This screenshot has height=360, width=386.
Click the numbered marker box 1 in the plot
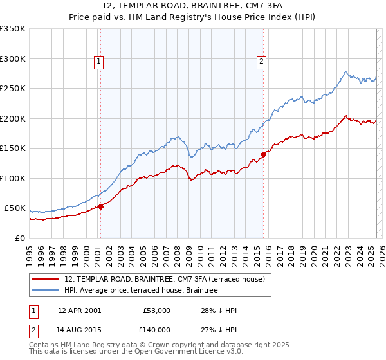coord(99,62)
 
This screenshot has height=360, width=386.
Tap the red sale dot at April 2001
coord(101,206)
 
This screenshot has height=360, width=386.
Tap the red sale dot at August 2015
coord(264,154)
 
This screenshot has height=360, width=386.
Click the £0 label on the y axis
coord(19,238)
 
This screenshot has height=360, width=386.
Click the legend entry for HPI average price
coord(141,290)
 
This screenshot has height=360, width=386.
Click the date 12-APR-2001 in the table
coord(79,310)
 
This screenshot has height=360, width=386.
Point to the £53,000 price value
coord(156,310)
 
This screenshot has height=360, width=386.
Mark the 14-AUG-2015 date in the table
coord(79,330)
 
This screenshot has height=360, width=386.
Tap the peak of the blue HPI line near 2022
coord(346,71)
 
